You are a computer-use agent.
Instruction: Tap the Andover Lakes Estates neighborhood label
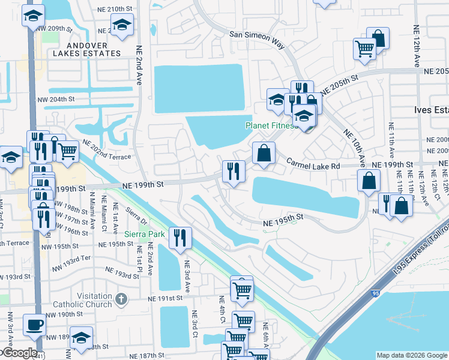click(86, 49)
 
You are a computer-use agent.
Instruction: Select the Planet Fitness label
click(271, 126)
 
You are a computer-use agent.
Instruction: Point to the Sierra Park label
click(144, 234)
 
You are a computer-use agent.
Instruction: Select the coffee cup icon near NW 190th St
click(34, 325)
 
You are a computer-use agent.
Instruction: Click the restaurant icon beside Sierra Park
click(179, 238)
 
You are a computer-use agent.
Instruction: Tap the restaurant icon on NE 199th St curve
click(233, 171)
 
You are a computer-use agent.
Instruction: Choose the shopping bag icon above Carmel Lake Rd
click(264, 153)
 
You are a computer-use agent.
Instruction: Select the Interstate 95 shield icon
click(375, 294)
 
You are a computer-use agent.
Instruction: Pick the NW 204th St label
click(56, 100)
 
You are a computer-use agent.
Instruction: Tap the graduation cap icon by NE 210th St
click(122, 25)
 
